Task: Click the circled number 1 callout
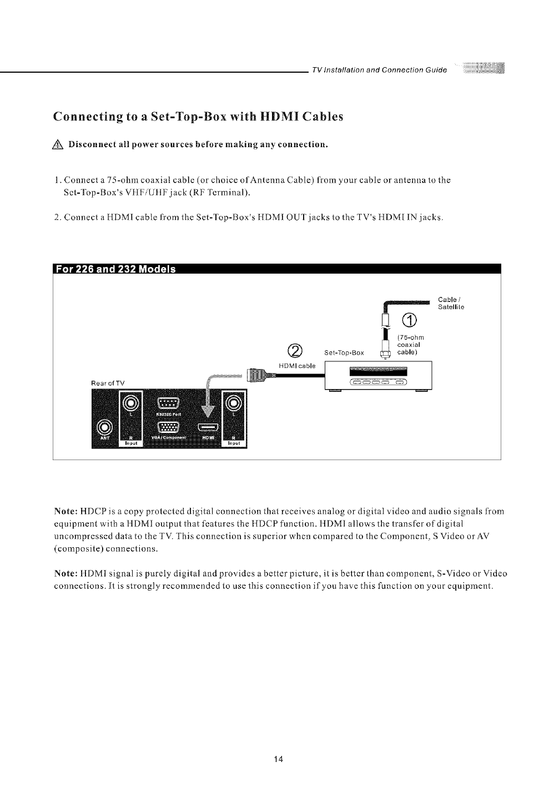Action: tap(409, 321)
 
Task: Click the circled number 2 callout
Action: tap(296, 351)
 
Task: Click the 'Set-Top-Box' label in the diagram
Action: tap(344, 353)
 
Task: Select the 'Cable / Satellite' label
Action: tap(451, 303)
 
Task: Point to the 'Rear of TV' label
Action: tap(108, 383)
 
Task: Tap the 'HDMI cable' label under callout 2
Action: tap(296, 365)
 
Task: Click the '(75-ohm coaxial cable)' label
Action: tap(411, 344)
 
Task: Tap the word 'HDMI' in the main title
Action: tap(269, 117)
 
